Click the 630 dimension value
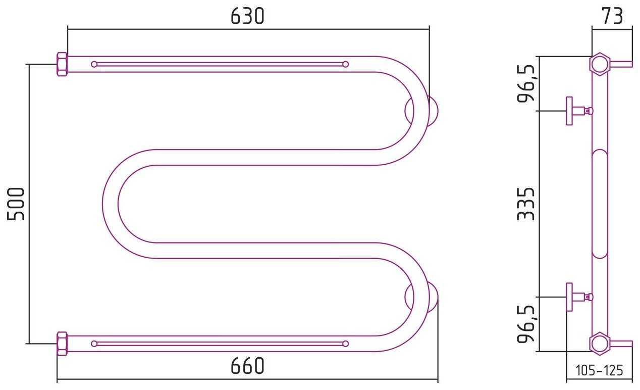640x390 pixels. [x=247, y=16]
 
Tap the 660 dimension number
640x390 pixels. [x=247, y=366]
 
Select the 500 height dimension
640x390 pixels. [x=16, y=204]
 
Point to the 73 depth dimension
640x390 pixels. [x=612, y=16]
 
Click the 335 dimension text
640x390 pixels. [x=526, y=204]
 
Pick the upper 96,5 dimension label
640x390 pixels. [x=526, y=83]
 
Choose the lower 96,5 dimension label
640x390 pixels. [x=526, y=324]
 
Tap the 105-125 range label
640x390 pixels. [x=600, y=371]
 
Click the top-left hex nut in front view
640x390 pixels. [x=62, y=64]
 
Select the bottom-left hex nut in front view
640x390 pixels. [x=62, y=344]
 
